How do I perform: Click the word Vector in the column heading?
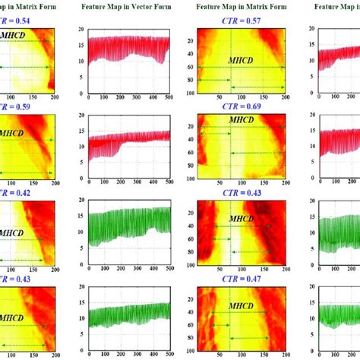(153, 6)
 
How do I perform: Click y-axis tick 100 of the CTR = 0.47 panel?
(190, 352)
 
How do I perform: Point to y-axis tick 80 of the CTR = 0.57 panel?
(190, 79)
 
